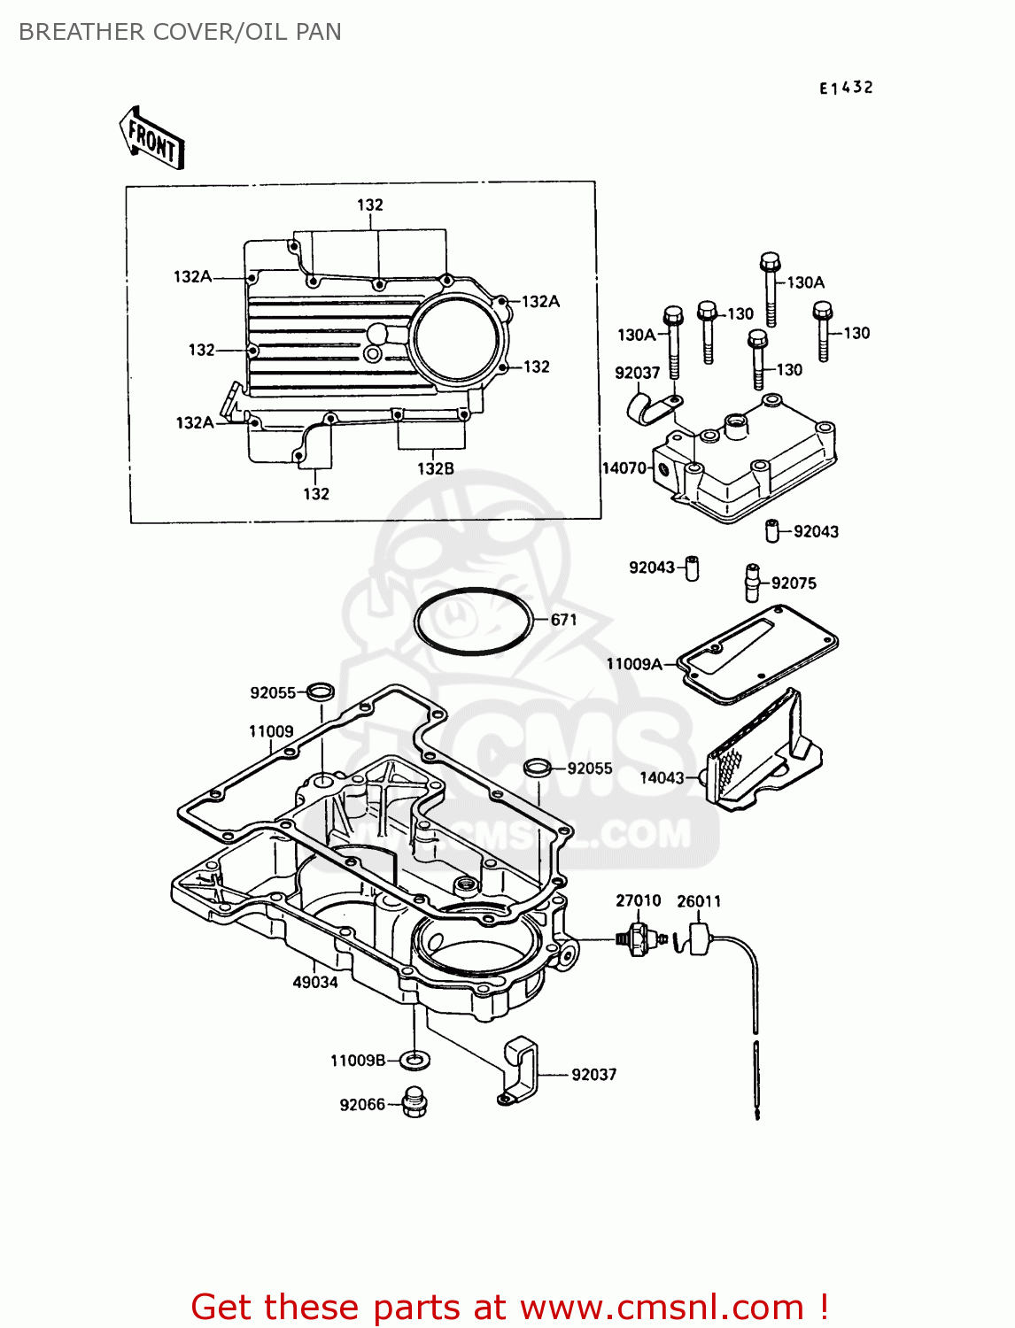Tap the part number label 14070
624,468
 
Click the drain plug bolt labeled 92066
414,1102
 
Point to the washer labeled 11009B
414,1059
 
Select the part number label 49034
315,982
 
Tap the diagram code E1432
846,88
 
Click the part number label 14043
662,777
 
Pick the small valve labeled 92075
753,582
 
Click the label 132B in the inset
436,468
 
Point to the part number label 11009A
634,664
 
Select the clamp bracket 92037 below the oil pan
520,1072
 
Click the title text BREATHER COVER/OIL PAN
180,32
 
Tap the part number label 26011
699,901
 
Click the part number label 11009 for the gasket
271,731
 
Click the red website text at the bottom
509,1307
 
